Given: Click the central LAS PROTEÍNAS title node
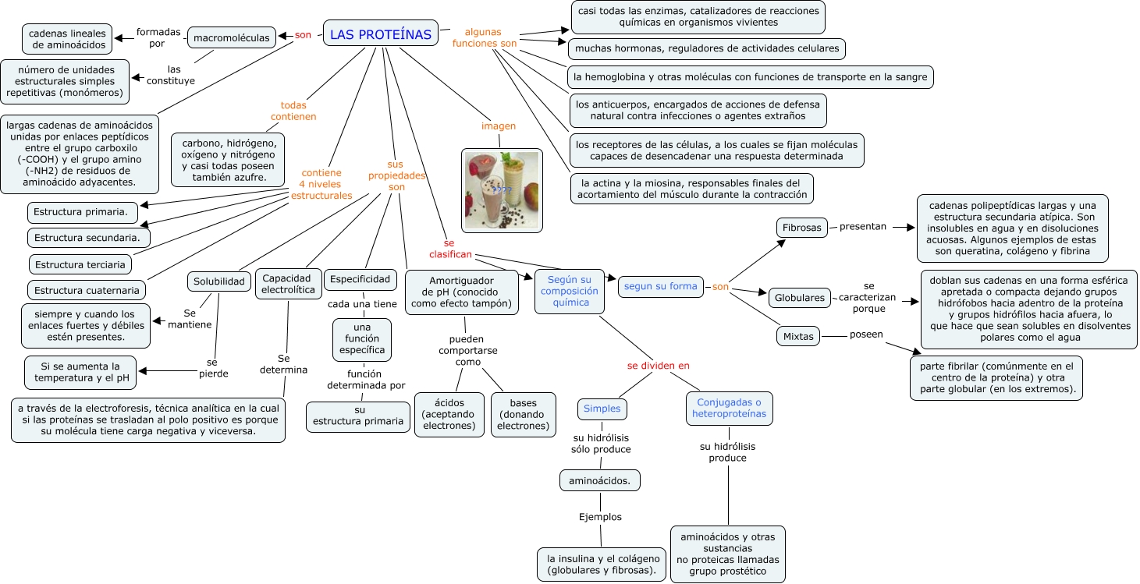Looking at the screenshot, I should pos(380,34).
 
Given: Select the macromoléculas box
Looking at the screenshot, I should pos(232,37).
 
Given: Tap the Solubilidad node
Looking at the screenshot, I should pos(218,281).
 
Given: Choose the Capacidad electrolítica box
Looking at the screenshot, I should pos(288,284).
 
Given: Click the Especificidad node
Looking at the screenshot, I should pos(360,279).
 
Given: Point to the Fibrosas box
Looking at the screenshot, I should pos(801,228).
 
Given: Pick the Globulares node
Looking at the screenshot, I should pos(799,297).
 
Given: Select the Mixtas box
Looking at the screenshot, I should pos(797,337).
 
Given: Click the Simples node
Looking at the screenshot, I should pos(602,409).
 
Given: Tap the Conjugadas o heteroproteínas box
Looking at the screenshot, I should pos(729,409).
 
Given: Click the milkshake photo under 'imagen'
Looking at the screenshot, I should pos(502,190).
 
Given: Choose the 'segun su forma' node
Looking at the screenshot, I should pos(660,286).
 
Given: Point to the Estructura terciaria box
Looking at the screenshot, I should pos(80,264).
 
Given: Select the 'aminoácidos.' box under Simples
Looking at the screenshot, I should pos(599,480).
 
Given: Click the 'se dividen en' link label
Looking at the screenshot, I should pos(659,366).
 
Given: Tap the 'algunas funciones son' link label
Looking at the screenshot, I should pos(484,37).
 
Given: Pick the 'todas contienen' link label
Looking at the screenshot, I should pos(293,111).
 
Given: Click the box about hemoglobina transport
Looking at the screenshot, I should pos(750,77).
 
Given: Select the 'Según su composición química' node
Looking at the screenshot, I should pos(570,291).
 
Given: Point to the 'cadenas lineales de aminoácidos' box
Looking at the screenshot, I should pos(68,39).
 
